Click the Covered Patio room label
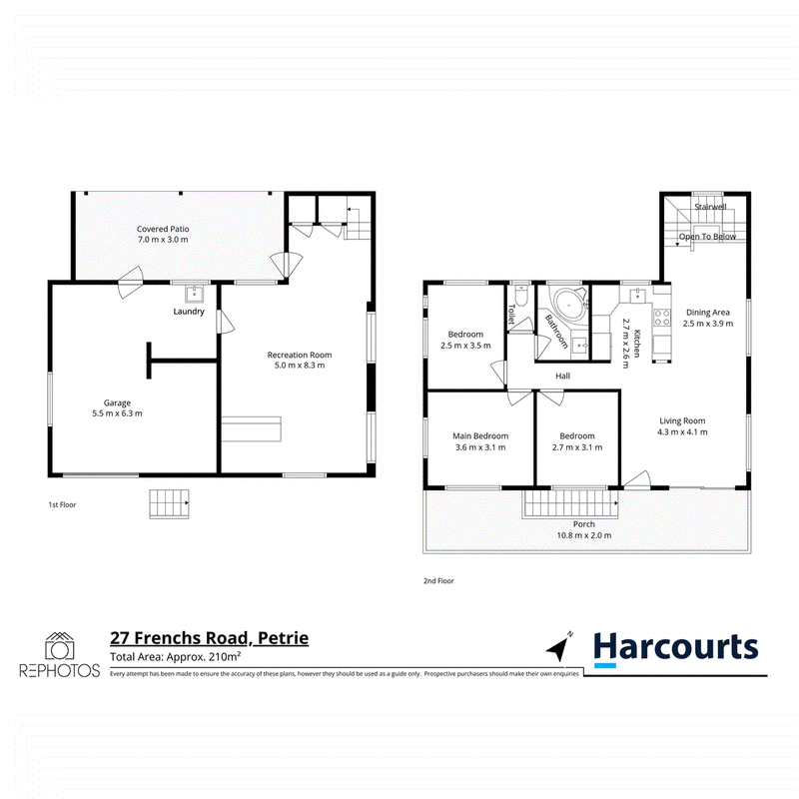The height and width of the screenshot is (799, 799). (x=163, y=230)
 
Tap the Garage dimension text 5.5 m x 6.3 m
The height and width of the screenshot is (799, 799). (x=117, y=413)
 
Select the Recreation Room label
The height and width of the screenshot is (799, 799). (x=300, y=355)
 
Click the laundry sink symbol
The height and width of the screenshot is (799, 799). (x=194, y=294)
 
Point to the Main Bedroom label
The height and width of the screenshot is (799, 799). (x=480, y=436)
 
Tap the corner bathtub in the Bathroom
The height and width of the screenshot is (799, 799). (x=570, y=304)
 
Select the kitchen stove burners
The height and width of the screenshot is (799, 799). (x=662, y=318)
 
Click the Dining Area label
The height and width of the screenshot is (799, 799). (x=708, y=313)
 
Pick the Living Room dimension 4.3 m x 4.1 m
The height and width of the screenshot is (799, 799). (x=682, y=432)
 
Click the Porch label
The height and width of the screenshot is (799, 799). (x=584, y=524)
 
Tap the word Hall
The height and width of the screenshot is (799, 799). (x=562, y=377)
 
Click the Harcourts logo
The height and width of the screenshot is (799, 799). (x=676, y=648)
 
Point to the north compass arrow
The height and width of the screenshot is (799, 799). (x=560, y=646)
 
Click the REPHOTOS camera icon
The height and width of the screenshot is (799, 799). (x=60, y=646)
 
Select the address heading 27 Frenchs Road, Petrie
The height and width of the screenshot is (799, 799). (x=210, y=638)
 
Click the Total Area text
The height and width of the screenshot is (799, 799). (x=176, y=657)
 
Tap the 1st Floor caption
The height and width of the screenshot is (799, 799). (x=62, y=505)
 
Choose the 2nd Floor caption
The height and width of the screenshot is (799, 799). (x=438, y=581)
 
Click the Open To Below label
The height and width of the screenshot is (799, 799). (x=707, y=237)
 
